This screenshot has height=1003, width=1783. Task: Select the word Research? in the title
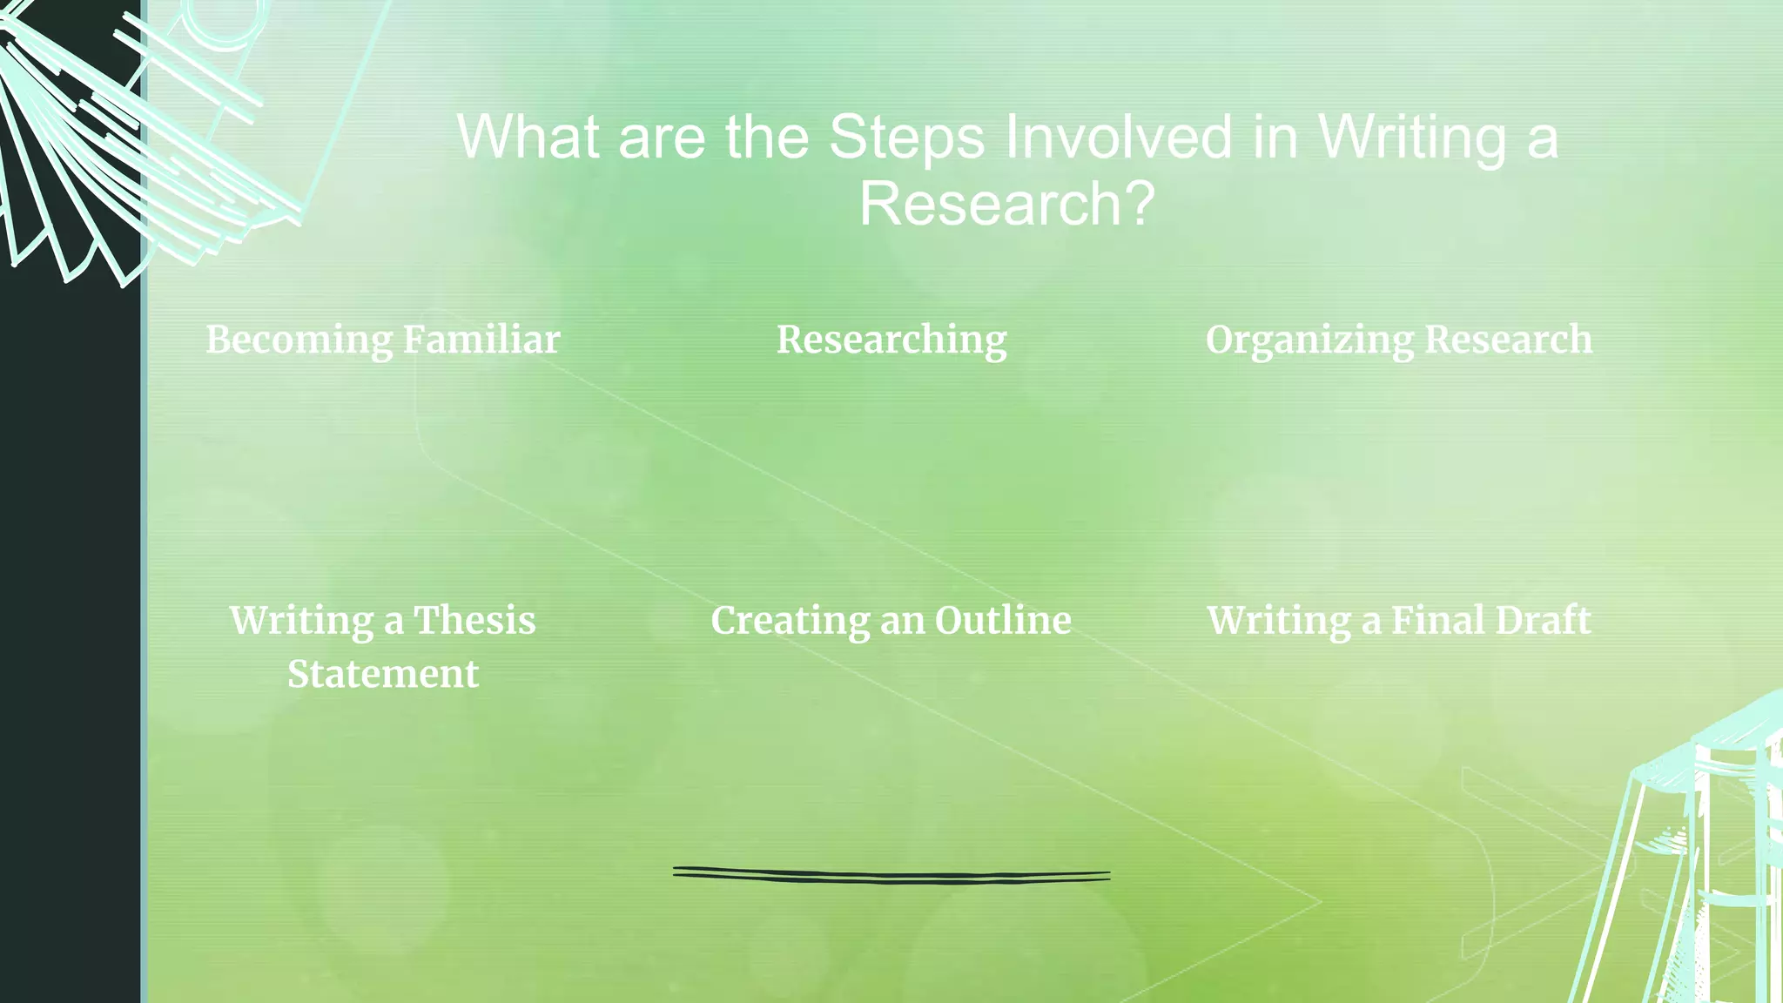coord(1006,205)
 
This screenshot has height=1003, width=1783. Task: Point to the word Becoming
coord(299,340)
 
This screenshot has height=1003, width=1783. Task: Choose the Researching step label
coord(891,340)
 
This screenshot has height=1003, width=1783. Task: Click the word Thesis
coord(474,621)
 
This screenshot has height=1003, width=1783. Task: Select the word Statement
coord(383,675)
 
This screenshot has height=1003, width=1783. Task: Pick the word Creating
coord(790,621)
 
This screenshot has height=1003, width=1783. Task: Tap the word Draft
coord(1543,621)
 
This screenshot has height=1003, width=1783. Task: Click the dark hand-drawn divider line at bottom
coord(891,876)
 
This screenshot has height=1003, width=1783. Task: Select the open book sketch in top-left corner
coord(131,131)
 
